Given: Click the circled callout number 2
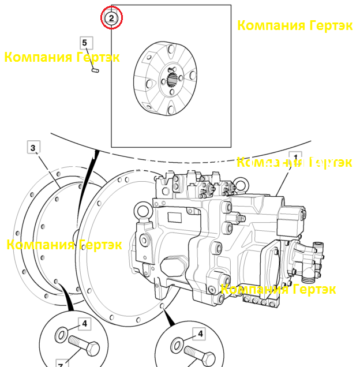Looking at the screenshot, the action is tap(111, 18).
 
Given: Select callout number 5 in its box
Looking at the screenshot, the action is tap(87, 43).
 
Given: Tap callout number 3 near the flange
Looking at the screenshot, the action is tap(33, 147).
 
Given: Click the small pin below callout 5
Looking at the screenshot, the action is tap(95, 70).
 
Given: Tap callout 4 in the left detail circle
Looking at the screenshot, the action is tap(84, 324).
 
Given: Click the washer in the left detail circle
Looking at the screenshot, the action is tap(61, 335).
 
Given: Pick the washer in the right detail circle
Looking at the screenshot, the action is tap(177, 346).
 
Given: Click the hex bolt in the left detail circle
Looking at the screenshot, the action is tap(84, 346).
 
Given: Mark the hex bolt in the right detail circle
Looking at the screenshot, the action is tap(200, 356).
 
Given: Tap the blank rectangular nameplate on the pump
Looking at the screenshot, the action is tap(175, 218).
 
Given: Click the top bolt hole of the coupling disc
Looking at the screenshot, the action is tap(171, 50).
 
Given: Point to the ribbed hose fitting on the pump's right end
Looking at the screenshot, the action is tap(309, 277).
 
